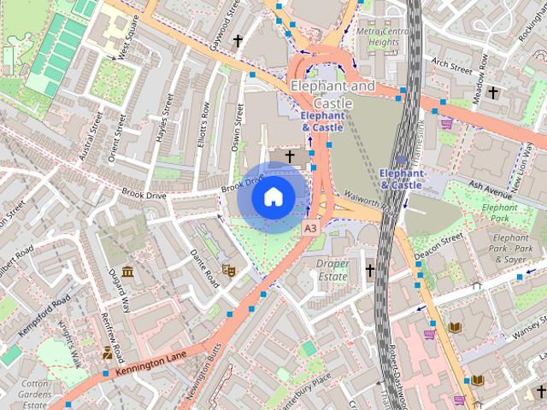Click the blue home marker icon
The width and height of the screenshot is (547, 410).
(x=272, y=197)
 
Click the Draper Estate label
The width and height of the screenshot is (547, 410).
(x=332, y=270)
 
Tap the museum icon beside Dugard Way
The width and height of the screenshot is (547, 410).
(x=127, y=272)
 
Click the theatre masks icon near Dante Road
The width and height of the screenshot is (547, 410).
(x=227, y=270)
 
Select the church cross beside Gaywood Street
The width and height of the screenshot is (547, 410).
(x=237, y=40)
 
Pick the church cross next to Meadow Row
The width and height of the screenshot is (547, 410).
(x=493, y=91)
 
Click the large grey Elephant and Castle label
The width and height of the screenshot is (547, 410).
(x=332, y=94)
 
